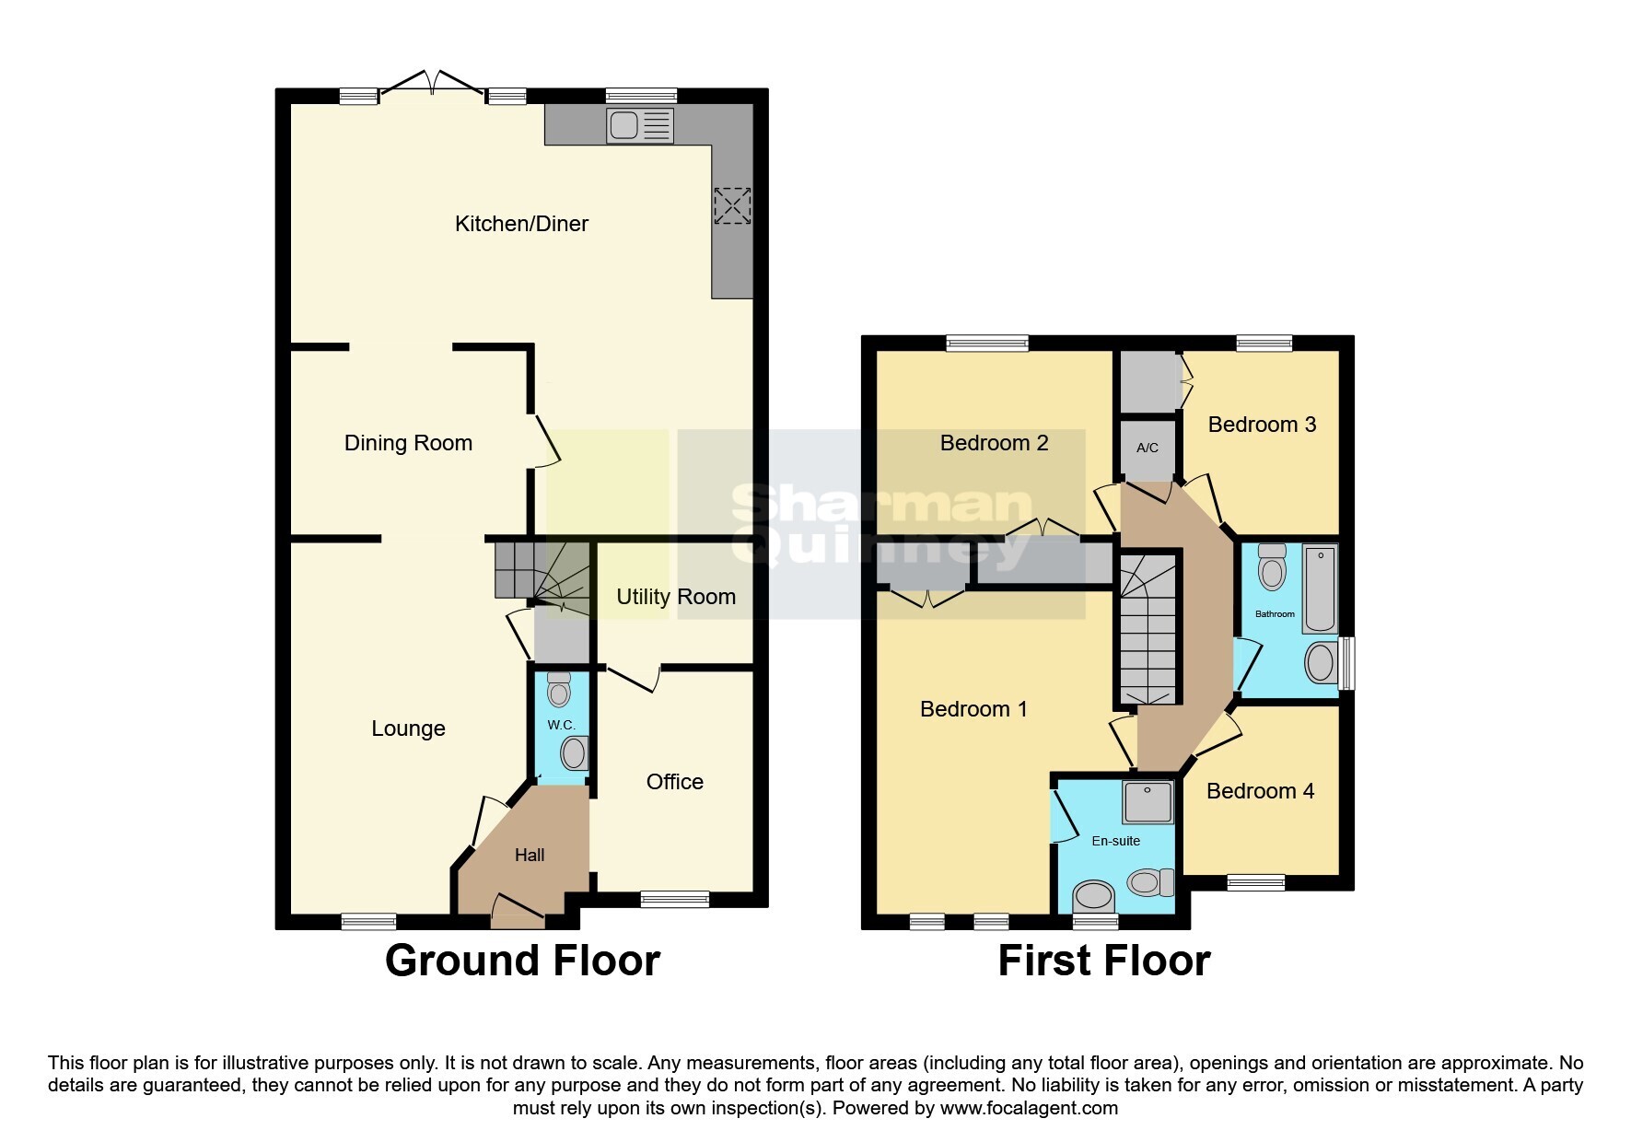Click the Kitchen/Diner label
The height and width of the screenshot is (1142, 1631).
[x=521, y=224]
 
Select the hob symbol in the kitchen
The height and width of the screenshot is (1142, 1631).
[x=732, y=205]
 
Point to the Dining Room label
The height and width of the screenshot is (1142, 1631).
[x=408, y=443]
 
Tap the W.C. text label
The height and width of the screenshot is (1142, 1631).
[x=561, y=725]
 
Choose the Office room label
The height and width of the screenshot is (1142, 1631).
[x=674, y=782]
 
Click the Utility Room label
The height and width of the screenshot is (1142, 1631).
[x=675, y=597]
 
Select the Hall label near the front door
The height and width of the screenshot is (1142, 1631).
[x=530, y=855]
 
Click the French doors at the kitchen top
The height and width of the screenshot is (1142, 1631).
[x=432, y=83]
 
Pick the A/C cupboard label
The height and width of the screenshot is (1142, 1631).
[x=1148, y=449]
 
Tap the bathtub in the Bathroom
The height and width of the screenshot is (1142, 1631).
[x=1320, y=588]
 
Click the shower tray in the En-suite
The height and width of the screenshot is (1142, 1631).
[x=1148, y=802]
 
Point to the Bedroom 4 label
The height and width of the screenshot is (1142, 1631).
[x=1260, y=791]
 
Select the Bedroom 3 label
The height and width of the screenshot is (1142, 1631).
[x=1262, y=425]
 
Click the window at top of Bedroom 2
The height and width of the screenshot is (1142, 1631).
[x=987, y=343]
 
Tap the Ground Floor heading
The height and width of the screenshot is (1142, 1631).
[x=522, y=961]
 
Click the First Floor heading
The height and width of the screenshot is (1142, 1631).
[x=1103, y=961]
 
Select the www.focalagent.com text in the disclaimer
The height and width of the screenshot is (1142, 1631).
[x=1029, y=1108]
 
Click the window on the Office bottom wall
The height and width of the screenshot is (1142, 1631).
[x=675, y=899]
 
